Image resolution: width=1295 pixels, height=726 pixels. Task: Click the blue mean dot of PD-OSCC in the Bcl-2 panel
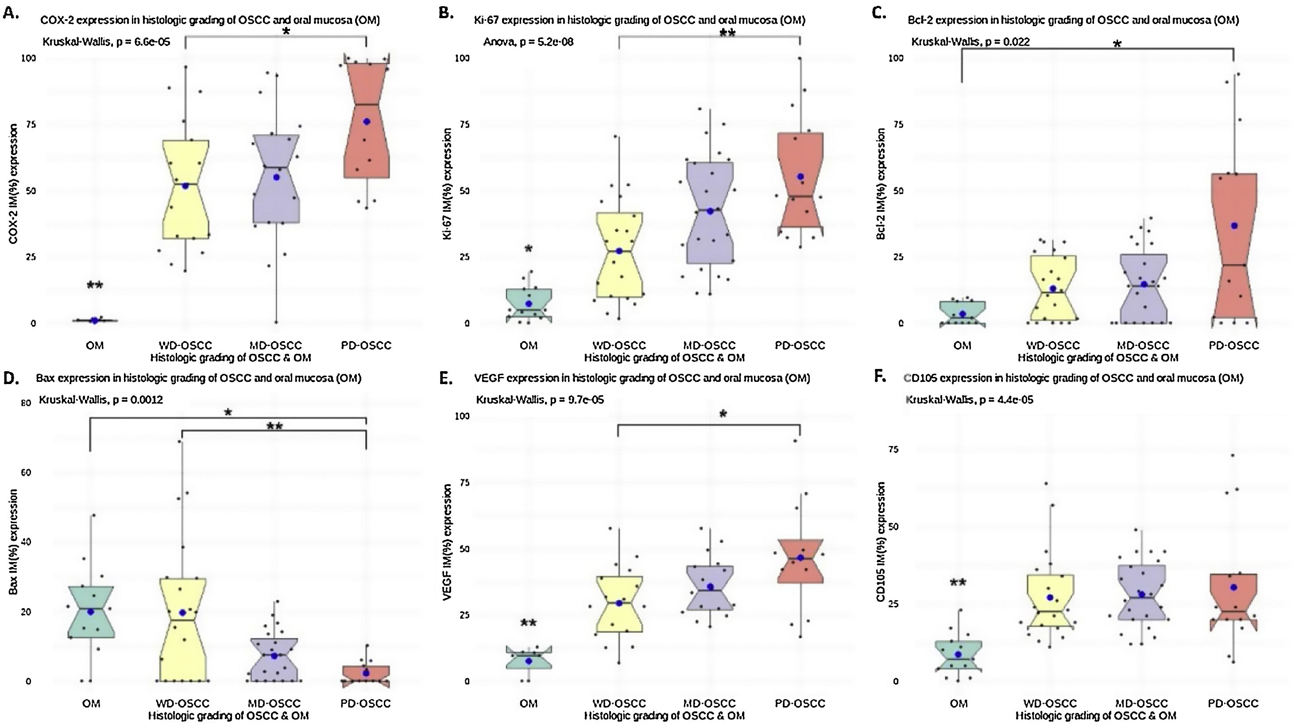pos(1233,225)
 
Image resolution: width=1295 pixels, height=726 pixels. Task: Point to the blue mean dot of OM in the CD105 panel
pos(958,655)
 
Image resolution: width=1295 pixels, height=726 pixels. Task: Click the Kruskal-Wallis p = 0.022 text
pos(970,42)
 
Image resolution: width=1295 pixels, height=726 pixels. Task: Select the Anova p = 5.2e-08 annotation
pos(528,42)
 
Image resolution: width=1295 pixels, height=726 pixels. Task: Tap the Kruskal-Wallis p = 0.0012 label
pos(101,400)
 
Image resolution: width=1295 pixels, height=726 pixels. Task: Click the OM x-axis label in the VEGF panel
pos(528,703)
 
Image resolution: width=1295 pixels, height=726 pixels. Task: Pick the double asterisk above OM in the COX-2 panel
pos(94,286)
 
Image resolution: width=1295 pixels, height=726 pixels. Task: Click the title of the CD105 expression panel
pos(1073,378)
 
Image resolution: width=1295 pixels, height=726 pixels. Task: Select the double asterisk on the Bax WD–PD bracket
pos(274,427)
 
